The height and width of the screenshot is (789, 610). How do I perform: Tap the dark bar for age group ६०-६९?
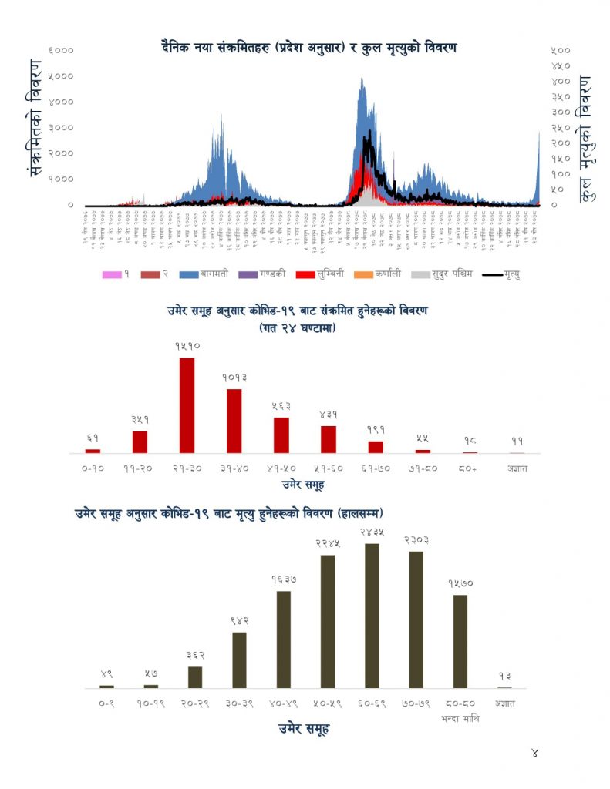[x=372, y=616]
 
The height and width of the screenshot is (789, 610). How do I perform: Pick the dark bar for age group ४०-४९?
[x=283, y=639]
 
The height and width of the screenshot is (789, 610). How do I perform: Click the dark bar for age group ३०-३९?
[x=239, y=660]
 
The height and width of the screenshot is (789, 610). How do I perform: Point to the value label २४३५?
[x=372, y=532]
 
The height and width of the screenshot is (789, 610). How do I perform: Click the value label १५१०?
[x=187, y=347]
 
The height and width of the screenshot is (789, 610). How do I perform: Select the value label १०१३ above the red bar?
[x=234, y=378]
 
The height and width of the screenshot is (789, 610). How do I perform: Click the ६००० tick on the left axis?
[x=61, y=50]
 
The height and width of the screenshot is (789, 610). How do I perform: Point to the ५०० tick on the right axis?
[x=561, y=50]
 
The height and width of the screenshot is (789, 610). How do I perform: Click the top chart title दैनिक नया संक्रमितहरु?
[x=305, y=48]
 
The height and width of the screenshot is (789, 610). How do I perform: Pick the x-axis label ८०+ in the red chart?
[x=470, y=468]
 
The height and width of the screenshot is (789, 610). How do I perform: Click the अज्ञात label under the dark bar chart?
[x=505, y=703]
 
